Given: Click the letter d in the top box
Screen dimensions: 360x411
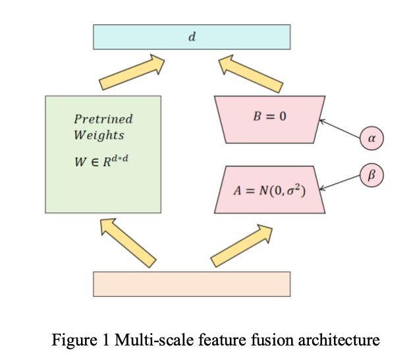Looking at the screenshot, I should [192, 37].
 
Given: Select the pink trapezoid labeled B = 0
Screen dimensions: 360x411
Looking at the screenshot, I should [269, 119].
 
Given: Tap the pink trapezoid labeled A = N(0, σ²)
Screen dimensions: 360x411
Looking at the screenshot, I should [269, 190].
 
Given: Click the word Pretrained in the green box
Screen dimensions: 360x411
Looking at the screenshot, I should [103, 119].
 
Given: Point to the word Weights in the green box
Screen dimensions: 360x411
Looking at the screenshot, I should [99, 135].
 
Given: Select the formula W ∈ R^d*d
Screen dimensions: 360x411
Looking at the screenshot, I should [100, 160].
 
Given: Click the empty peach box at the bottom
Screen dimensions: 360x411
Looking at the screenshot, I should [191, 284].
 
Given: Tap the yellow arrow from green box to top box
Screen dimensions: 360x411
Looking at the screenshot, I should [132, 73].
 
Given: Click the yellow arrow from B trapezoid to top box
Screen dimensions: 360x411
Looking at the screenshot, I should [250, 73].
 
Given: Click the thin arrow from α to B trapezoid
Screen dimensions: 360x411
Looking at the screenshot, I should [340, 129].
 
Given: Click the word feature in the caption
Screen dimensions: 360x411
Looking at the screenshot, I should [203, 340].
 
